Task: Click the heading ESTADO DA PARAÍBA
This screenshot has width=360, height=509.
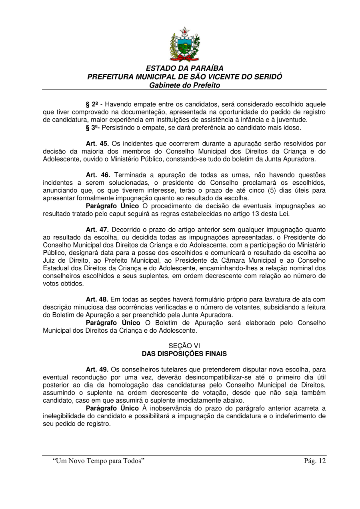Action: (184, 68)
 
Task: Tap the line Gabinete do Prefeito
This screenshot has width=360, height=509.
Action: (184, 85)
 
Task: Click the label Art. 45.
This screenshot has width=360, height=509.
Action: (97, 144)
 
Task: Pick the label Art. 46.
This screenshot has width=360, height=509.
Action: (97, 175)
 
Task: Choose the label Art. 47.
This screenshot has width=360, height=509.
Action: (97, 230)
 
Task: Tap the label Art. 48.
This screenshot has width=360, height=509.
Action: (97, 299)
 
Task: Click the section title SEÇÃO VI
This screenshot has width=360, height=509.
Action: (184, 346)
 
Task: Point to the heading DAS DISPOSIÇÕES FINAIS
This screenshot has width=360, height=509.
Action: (184, 354)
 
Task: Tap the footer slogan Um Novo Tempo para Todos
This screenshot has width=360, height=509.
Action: (98, 461)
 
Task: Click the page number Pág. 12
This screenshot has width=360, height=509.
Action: (316, 461)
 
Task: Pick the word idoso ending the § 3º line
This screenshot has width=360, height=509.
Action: (292, 128)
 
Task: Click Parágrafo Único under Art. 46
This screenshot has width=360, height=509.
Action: (112, 206)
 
